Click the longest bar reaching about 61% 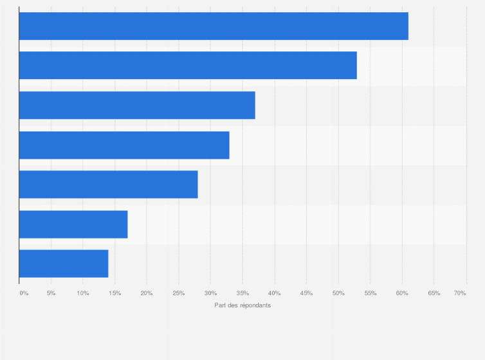[214, 26]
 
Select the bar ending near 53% [188, 66]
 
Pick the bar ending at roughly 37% [137, 105]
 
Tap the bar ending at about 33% [124, 145]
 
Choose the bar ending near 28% [108, 184]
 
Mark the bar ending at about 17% [73, 224]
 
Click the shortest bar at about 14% [64, 264]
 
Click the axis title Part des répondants [243, 305]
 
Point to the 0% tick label [24, 293]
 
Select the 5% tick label [51, 293]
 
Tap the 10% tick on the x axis [83, 293]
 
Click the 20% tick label [147, 293]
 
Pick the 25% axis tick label [179, 293]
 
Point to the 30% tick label [210, 293]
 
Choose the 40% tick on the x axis [275, 293]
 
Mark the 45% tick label [306, 293]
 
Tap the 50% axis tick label [338, 293]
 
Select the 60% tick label [402, 293]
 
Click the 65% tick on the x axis [434, 293]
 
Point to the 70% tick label [460, 293]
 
